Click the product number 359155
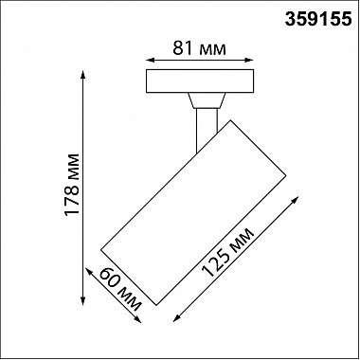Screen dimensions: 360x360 [x=318, y=19]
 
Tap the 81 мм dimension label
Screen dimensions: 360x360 [x=199, y=48]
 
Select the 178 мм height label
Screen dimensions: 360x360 [x=72, y=185]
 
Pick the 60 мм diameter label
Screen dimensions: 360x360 [x=120, y=289]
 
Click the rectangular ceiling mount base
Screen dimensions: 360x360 [x=200, y=81]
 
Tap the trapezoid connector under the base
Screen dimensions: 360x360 [x=207, y=100]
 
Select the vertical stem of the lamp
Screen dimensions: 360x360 [x=207, y=130]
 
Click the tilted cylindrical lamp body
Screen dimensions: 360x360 [x=193, y=212]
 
